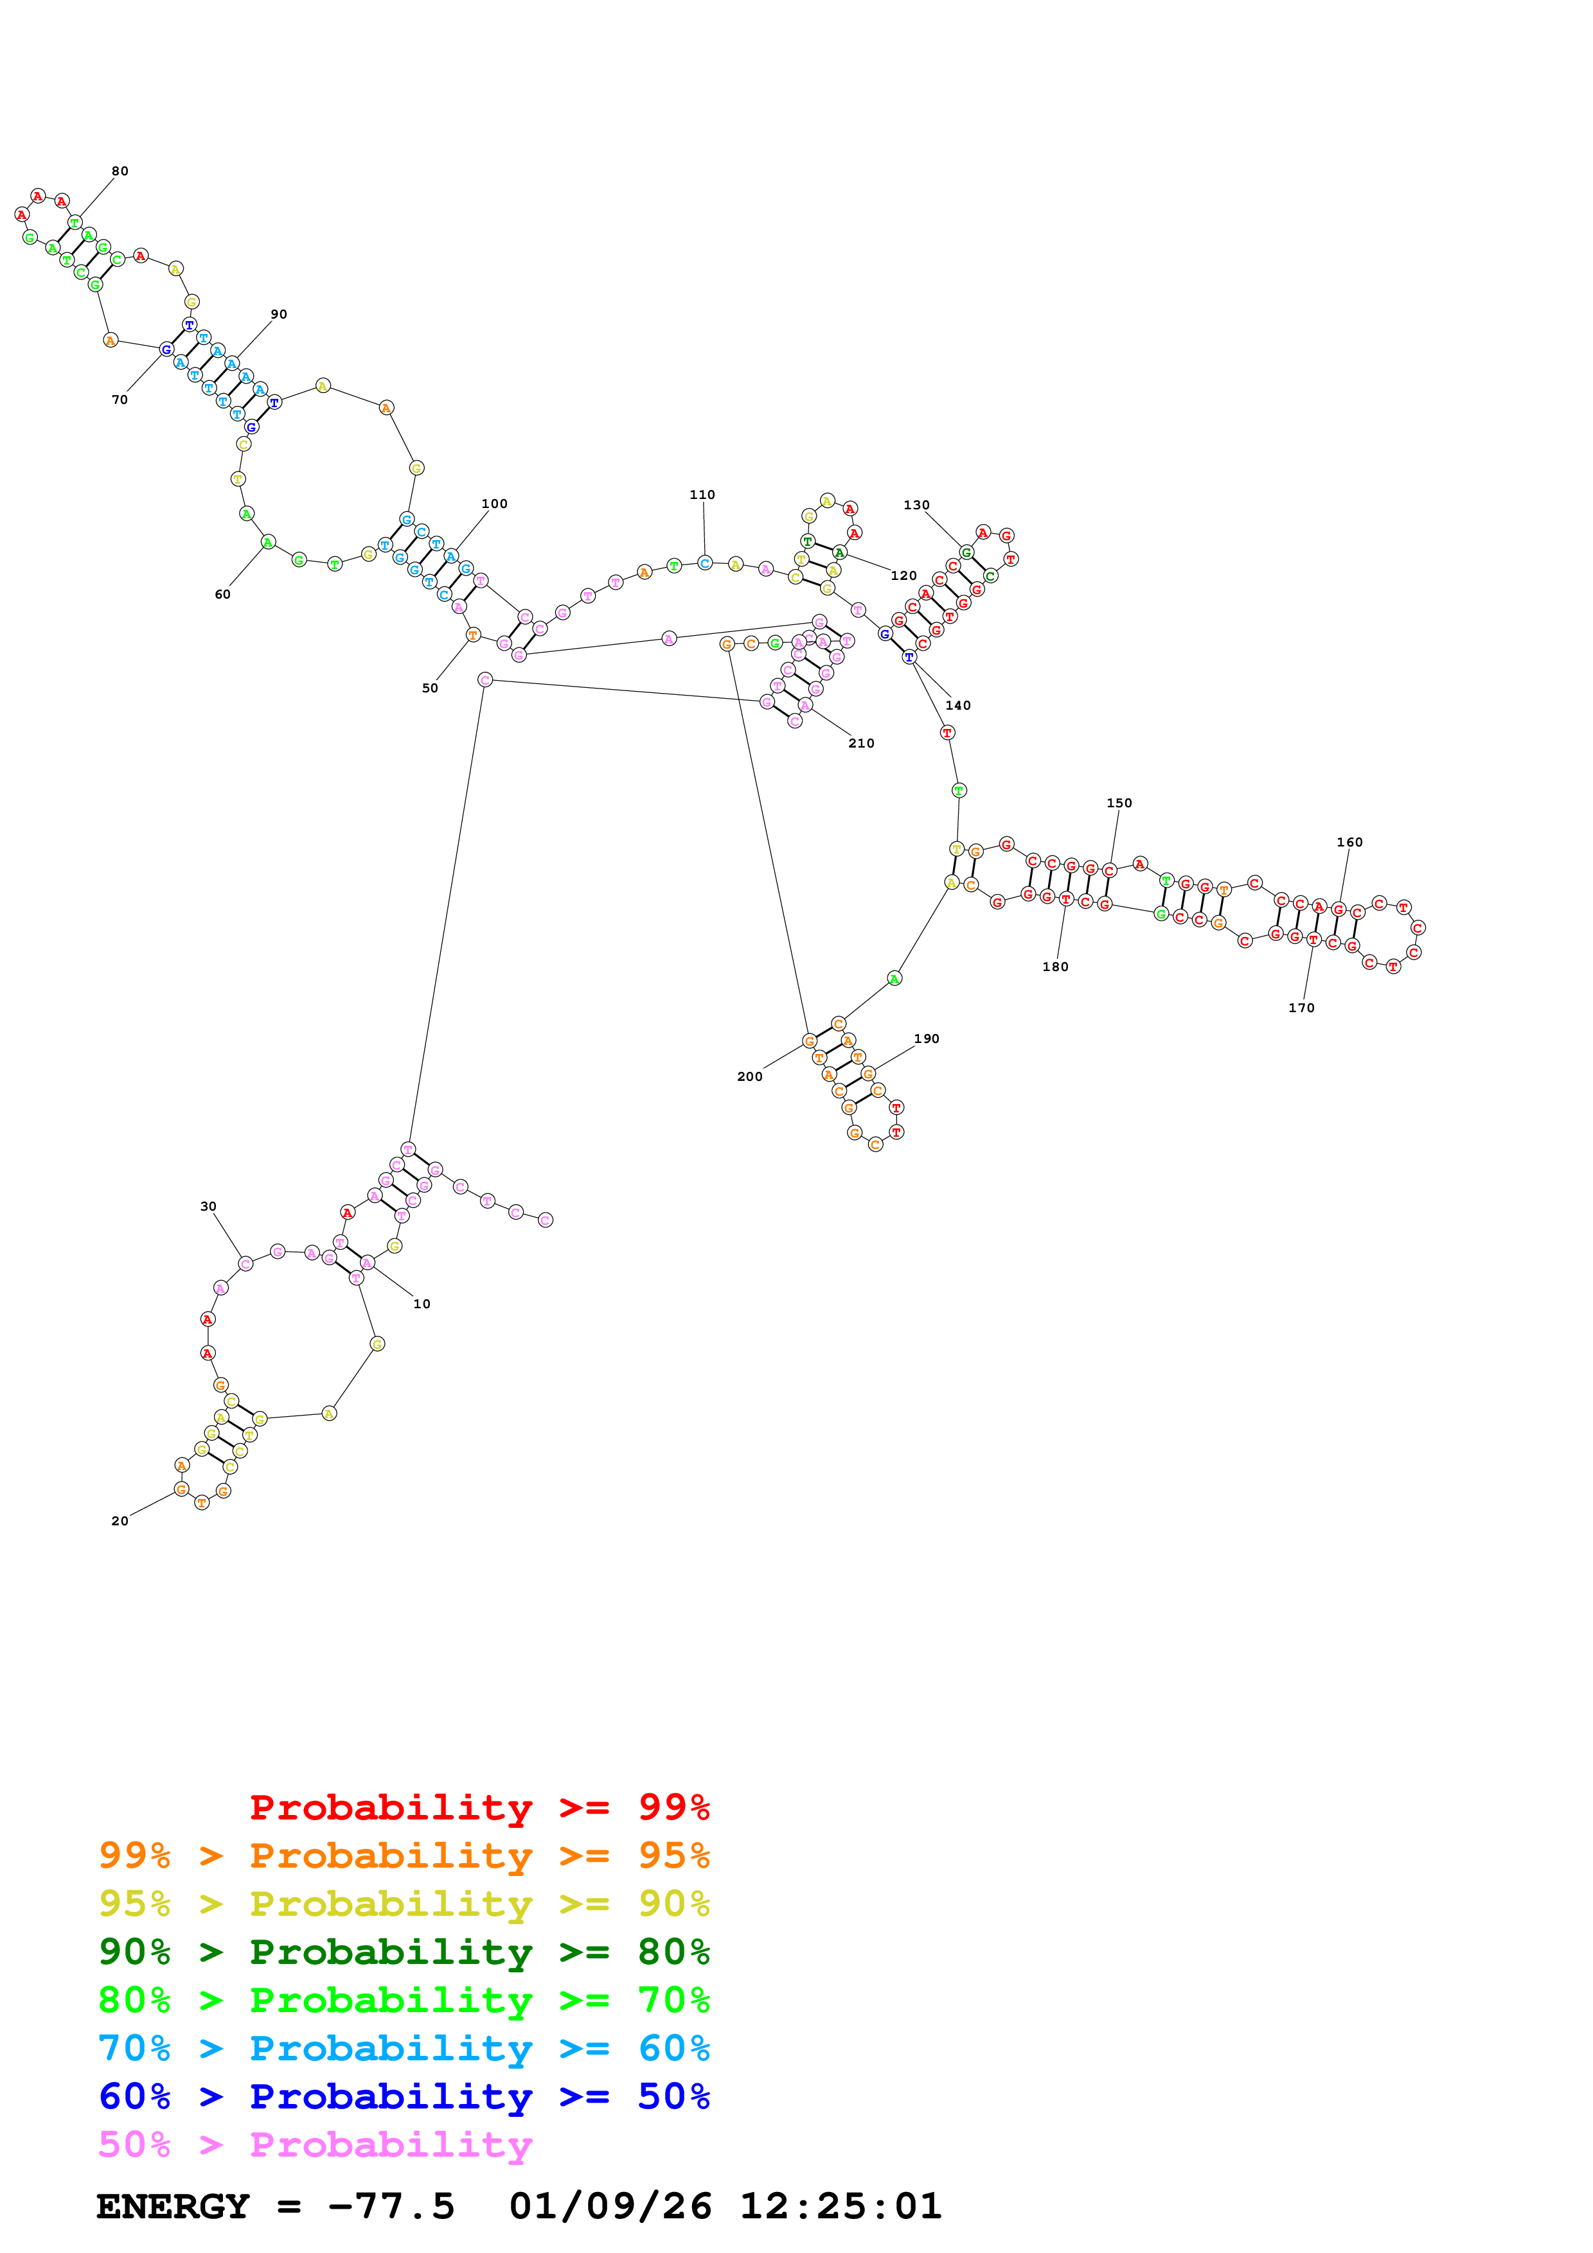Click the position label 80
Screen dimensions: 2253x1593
[120, 171]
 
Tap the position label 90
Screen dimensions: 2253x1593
[279, 314]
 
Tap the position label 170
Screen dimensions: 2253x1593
[1301, 1008]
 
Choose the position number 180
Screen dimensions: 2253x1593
[1055, 967]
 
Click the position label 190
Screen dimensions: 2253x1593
[927, 1038]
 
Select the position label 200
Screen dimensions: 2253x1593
[750, 1076]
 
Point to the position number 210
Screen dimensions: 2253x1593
[861, 743]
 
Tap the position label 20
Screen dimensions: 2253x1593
[120, 1521]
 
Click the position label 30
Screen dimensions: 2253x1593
[208, 1206]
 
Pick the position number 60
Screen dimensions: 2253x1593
[223, 593]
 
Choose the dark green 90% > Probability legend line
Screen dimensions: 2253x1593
[404, 1952]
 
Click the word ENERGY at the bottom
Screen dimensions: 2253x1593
[173, 2207]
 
